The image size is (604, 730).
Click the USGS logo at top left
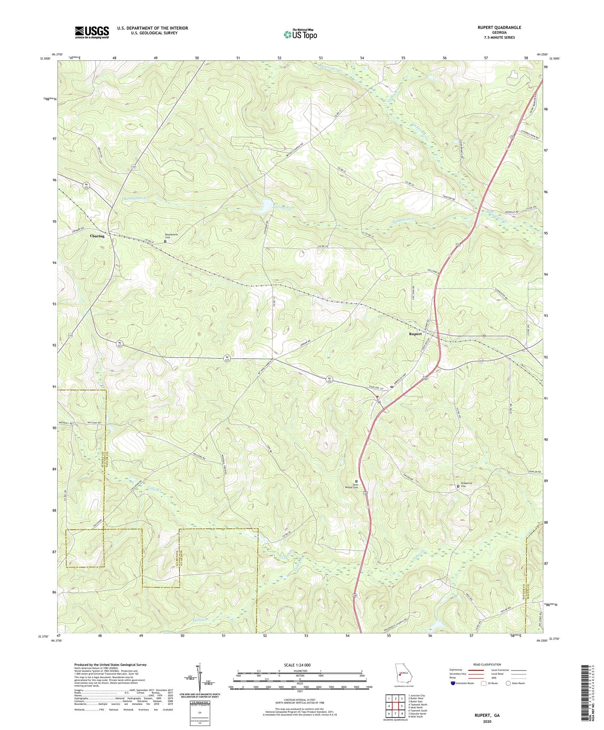point(92,32)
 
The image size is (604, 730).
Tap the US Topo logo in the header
point(300,35)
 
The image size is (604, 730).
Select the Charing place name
point(97,236)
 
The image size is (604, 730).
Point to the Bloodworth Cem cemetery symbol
point(165,241)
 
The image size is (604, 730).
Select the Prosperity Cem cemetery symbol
point(457,487)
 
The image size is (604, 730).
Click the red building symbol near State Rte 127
point(377,397)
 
